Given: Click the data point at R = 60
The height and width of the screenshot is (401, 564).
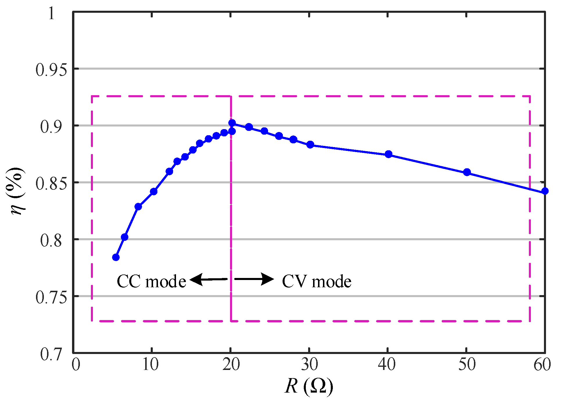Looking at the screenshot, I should [545, 191].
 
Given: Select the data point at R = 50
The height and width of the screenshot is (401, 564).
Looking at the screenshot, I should [467, 172].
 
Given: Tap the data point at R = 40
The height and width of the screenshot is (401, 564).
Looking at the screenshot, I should [388, 154].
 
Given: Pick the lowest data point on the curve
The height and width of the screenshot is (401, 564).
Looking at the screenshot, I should [116, 257].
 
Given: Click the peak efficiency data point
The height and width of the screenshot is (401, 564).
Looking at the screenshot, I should [232, 123].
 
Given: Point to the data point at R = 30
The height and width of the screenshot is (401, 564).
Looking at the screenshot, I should [310, 144].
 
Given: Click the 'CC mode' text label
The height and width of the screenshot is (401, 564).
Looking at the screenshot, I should [151, 281].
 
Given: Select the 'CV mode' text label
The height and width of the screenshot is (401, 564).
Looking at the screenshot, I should [317, 281].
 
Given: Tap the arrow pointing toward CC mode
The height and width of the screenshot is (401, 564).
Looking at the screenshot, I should [209, 279].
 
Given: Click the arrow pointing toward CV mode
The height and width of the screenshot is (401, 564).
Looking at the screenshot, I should [254, 279].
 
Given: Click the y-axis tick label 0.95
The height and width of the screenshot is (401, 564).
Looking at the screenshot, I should [49, 70].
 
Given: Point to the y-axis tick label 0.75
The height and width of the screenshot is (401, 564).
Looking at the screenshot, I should [49, 297].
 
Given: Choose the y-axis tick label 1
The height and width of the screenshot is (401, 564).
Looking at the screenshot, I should [51, 13].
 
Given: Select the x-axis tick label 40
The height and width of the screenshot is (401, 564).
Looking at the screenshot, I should [387, 365].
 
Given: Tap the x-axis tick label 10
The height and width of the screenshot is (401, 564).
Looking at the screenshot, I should [150, 365].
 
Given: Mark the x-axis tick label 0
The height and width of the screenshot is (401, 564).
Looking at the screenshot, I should [76, 365].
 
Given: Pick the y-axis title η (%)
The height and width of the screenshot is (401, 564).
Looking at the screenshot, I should [17, 191].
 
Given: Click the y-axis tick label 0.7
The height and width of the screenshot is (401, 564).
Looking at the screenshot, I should [51, 354].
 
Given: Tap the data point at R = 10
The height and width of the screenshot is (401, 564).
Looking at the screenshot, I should [154, 192].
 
